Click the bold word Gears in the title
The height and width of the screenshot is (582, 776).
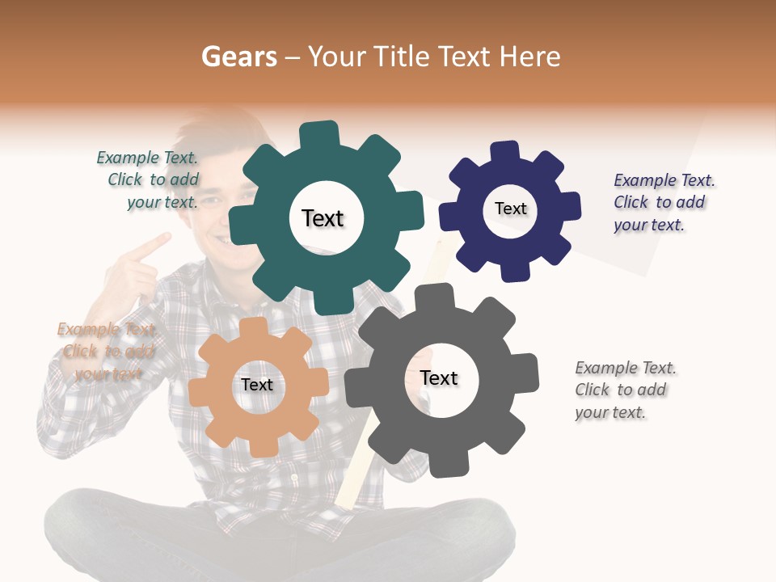point(239,57)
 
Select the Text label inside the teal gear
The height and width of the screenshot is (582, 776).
point(323,218)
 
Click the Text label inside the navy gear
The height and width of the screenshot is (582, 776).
point(510,209)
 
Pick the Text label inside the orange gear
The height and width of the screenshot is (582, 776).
point(257,385)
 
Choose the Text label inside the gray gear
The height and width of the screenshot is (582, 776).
point(439,378)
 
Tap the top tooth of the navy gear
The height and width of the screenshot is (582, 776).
point(504,151)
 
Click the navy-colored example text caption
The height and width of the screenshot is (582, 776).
point(663,202)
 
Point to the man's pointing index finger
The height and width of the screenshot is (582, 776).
point(157,242)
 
